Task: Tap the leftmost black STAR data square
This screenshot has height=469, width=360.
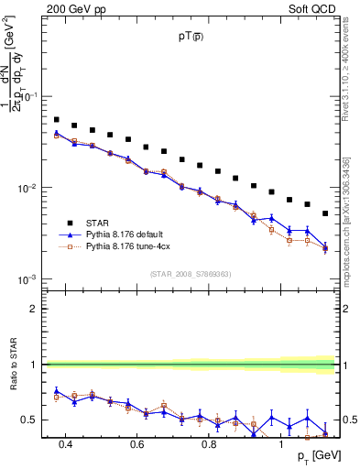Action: (57, 120)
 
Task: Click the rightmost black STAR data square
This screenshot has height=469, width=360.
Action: (325, 213)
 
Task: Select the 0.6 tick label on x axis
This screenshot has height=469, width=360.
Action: (136, 444)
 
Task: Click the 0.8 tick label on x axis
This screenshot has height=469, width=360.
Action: (208, 444)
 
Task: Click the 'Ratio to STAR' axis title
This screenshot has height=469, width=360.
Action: (11, 365)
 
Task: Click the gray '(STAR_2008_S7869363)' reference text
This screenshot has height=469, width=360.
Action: (191, 273)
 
